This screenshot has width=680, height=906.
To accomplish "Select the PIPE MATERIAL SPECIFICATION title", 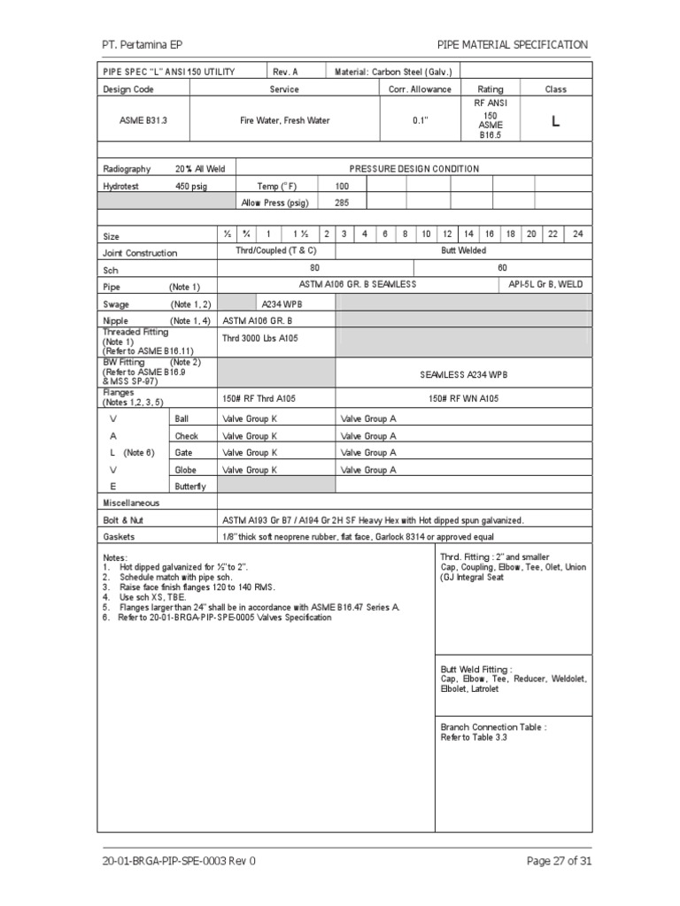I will (512, 44).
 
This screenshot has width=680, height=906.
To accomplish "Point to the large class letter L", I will (555, 122).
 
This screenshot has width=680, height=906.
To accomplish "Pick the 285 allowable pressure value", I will (342, 203).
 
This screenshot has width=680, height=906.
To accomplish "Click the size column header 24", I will (577, 234).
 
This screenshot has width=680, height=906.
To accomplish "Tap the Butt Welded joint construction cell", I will (464, 251).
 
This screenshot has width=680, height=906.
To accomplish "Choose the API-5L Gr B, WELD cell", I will (546, 285).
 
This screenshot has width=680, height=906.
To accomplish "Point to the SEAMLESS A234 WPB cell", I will (464, 374).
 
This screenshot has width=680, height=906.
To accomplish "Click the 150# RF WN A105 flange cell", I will (463, 399).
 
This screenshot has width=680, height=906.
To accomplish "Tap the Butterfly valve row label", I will (190, 487).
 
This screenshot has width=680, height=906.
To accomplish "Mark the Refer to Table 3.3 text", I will (474, 737).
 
